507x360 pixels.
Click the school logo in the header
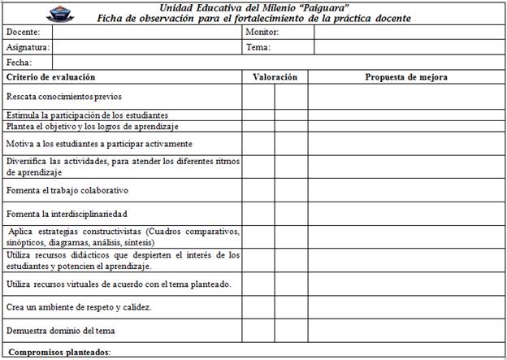pos(21,12)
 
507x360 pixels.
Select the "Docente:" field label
pos(22,33)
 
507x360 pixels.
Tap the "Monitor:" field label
pos(262,33)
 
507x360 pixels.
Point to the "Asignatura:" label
pos(28,47)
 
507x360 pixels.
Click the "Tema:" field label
pos(258,47)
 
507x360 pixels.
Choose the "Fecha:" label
pos(19,62)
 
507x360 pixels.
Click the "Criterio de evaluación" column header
pos(51,77)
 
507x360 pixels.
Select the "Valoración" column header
pos(275,77)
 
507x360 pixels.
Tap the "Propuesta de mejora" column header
pos(406,77)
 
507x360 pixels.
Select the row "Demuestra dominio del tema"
pos(60,331)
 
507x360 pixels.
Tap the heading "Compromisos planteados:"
pos(58,352)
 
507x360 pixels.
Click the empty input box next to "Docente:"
pos(147,33)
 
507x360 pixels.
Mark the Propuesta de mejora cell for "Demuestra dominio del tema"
pos(406,331)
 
